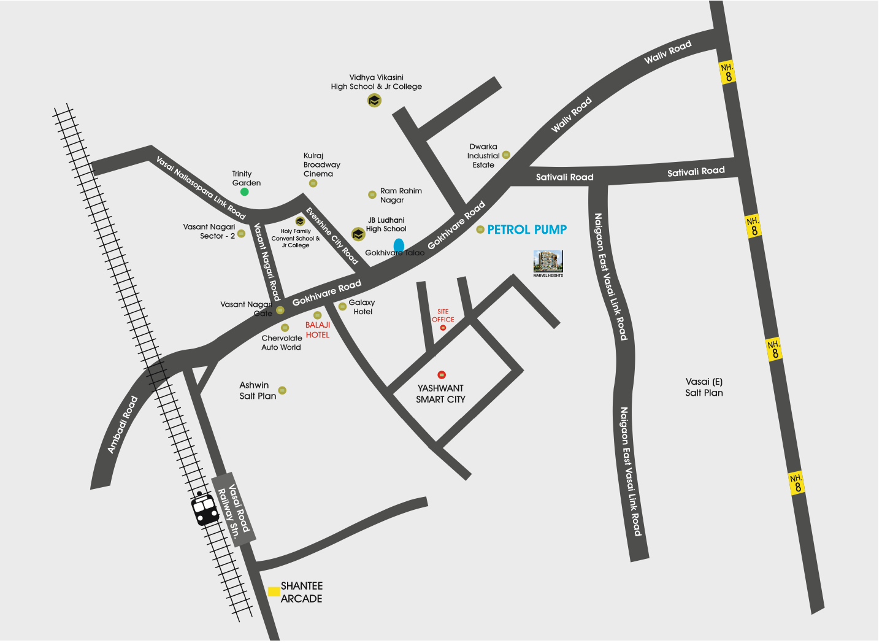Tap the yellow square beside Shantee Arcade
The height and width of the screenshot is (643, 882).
274,591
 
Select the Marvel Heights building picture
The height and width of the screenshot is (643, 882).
548,262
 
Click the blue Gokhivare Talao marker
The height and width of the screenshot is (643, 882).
399,246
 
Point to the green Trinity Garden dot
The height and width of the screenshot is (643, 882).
244,192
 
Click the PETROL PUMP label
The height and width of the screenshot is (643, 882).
527,229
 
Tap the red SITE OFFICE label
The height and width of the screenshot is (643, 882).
443,315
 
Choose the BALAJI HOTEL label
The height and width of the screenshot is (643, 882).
318,330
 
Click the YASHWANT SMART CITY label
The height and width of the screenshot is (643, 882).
440,394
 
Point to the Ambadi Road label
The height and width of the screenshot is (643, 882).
123,425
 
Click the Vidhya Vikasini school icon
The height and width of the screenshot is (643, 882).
374,100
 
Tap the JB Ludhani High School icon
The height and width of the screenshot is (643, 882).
358,234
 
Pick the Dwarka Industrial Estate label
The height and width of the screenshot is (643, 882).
483,156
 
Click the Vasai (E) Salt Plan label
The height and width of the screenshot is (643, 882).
704,387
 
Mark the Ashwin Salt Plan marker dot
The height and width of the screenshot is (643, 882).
282,390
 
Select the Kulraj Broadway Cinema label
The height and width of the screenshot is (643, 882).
321,165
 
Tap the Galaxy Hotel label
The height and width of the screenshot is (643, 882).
362,307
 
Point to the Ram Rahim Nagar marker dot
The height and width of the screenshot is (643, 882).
372,194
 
